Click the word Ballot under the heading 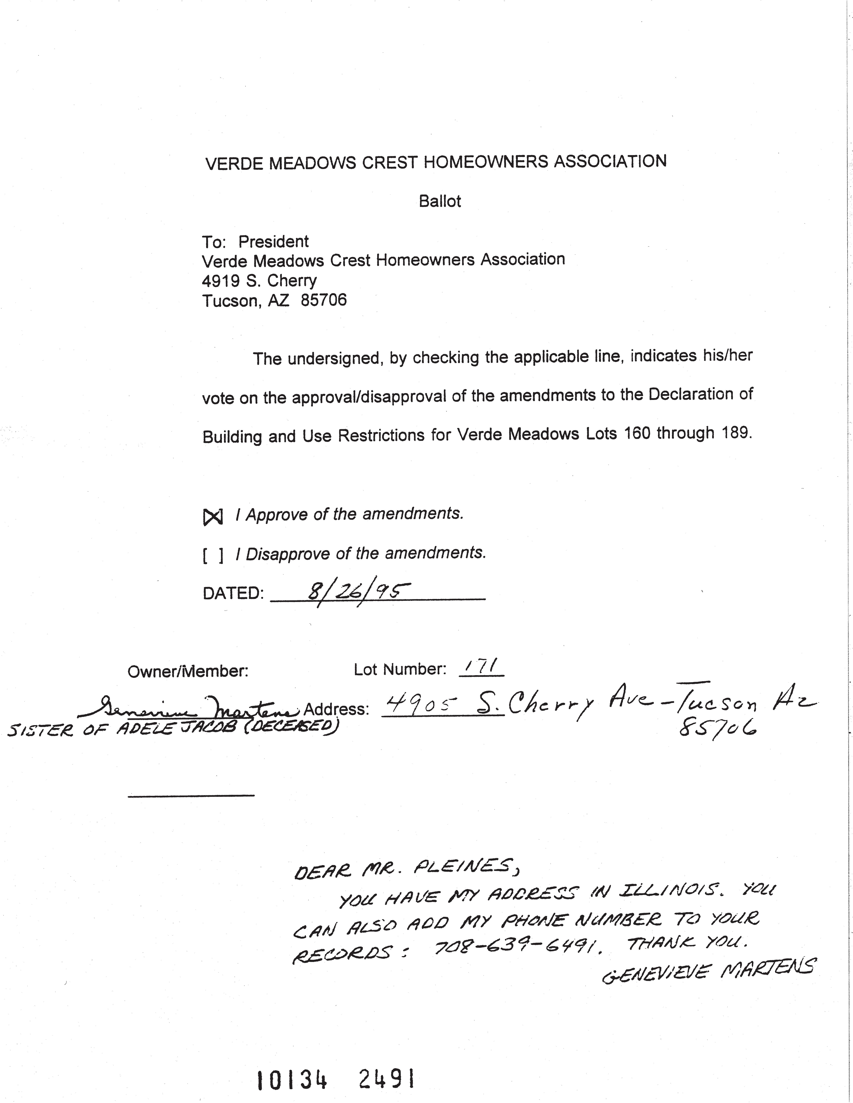coord(440,202)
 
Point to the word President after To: coord(273,242)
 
